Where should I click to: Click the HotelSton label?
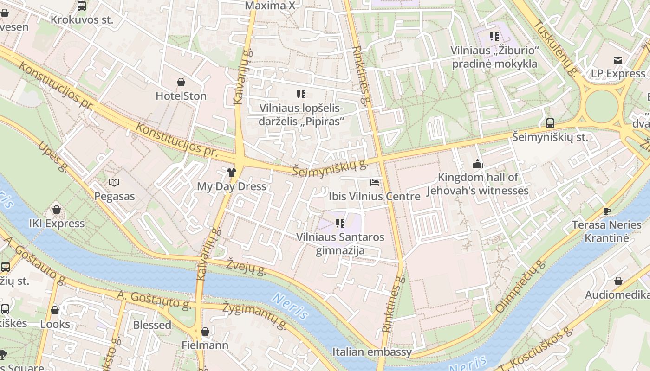181,96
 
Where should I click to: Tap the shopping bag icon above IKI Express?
57,210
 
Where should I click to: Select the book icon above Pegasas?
114,183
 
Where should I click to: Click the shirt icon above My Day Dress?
232,173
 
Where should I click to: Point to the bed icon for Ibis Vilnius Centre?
375,183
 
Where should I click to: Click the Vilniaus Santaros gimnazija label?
340,244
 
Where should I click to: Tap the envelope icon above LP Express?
618,60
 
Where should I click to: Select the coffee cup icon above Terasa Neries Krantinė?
606,211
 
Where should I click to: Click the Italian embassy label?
372,352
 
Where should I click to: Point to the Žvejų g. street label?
246,267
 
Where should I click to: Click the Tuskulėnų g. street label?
554,48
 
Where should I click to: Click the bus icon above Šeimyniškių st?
550,123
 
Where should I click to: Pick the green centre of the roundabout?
602,106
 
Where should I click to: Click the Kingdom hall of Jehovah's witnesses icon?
477,164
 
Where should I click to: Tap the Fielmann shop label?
205,345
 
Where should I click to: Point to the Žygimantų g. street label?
254,315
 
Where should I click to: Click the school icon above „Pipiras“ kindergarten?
301,94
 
